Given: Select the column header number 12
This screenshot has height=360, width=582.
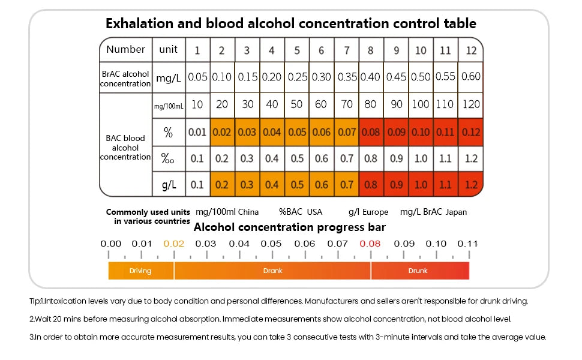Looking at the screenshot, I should point(471,50).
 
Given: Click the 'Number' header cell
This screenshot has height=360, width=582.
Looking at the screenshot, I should point(126,49).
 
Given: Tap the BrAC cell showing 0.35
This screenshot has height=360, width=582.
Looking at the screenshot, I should point(346,77).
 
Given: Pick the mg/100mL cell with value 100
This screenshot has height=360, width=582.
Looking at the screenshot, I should point(421,104).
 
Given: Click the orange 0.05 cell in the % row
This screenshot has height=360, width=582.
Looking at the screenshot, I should point(296,132).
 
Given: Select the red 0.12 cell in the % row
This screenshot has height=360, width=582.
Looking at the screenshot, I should point(471,132).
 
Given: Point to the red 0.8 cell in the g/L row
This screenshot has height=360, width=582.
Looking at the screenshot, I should point(371,185).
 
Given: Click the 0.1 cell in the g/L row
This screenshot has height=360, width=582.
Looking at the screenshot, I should point(197,185).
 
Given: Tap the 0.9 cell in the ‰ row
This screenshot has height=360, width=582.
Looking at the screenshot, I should point(396,159).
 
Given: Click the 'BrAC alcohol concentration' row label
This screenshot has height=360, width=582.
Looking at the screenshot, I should point(125,78).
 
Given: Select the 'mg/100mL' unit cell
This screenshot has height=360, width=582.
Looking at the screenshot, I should point(168,106).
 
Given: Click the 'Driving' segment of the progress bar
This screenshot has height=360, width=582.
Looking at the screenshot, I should point(140,271).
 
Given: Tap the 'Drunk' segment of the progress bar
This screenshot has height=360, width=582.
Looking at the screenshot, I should point(418,271).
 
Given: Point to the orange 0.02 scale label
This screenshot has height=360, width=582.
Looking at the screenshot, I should point(174,244).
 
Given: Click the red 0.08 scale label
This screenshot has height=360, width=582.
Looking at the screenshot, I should point(370,244).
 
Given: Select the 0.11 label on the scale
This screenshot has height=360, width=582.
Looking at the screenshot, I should point(468,244).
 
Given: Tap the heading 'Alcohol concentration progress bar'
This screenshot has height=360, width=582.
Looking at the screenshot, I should point(289,227).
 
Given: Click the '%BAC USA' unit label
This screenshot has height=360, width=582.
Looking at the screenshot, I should point(301,212).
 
